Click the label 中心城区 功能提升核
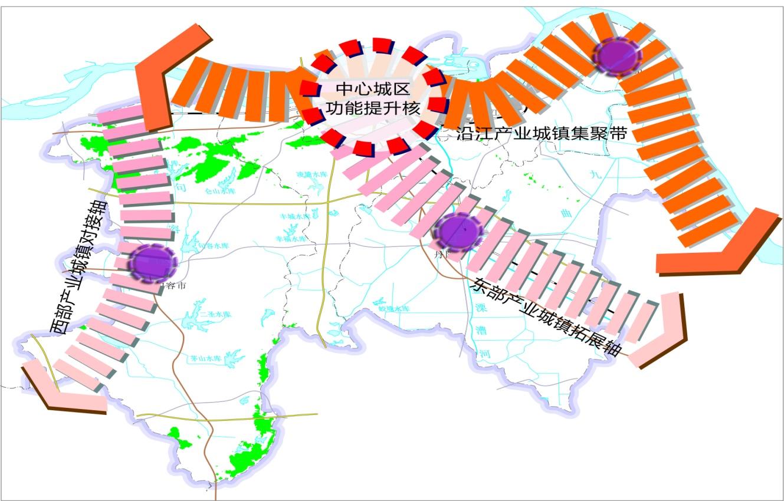click(372, 98)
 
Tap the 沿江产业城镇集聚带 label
click(541, 133)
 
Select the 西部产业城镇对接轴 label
click(78, 267)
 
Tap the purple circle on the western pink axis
click(152, 263)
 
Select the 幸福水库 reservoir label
click(291, 239)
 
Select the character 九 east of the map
click(594, 175)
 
